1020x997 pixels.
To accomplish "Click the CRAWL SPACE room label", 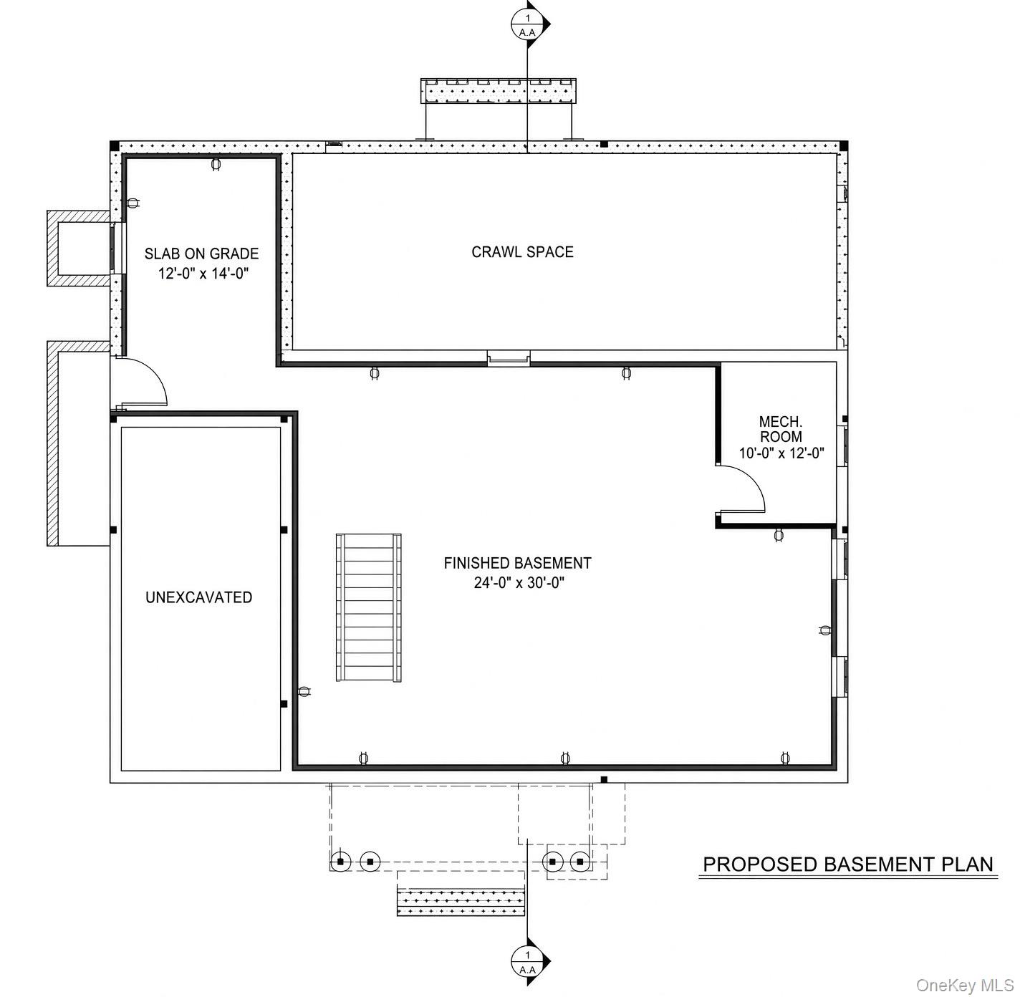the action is (x=522, y=252).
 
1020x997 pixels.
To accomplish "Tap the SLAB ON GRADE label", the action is (x=202, y=254).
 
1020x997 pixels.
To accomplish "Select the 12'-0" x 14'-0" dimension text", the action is (x=203, y=273).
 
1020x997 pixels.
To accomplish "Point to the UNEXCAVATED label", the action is (x=198, y=597).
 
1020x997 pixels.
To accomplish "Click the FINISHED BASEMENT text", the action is (x=517, y=563).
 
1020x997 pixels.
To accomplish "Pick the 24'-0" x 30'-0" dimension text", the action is (x=519, y=582).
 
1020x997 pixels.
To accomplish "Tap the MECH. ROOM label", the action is (x=781, y=429).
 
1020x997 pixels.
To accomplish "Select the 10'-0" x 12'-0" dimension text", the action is (x=781, y=453).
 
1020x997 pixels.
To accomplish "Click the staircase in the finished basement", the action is (x=368, y=607).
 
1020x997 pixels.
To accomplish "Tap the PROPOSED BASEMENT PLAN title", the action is (x=848, y=864).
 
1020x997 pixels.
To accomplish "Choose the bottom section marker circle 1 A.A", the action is (x=527, y=961).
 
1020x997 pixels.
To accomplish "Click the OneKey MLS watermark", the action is (x=965, y=986).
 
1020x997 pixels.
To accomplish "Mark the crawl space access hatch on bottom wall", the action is (x=509, y=358).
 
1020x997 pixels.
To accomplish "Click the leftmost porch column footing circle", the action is (x=340, y=861).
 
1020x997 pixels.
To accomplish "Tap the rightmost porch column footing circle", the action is (x=579, y=861).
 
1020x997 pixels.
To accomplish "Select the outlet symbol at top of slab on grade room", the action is (x=216, y=165).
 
